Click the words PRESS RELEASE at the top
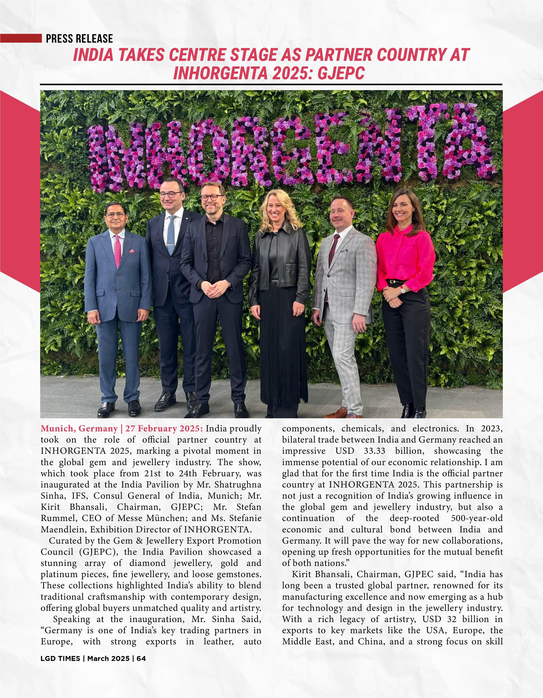click(x=79, y=39)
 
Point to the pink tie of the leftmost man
click(x=117, y=251)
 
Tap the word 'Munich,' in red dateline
click(x=58, y=428)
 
